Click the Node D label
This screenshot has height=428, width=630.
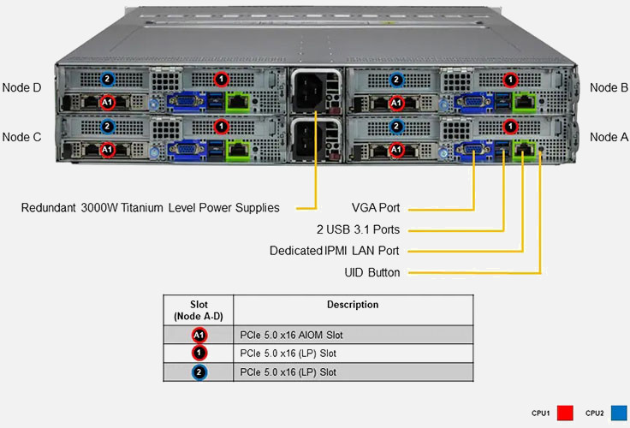point(22,87)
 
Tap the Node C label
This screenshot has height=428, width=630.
point(22,137)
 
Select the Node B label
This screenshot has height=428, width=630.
point(609,87)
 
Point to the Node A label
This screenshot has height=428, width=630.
point(609,137)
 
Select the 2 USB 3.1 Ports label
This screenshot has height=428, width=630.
point(358,229)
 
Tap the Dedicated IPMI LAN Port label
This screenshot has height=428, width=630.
point(335,251)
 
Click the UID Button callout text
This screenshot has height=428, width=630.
point(371,272)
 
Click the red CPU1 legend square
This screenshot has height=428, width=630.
point(564,413)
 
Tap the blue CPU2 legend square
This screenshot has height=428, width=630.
point(618,413)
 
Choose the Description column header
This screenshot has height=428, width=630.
point(353,305)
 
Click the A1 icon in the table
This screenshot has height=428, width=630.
point(199,335)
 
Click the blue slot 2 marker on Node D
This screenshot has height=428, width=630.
point(107,80)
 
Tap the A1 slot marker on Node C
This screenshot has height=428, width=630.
point(107,150)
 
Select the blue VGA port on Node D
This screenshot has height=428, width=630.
point(184,103)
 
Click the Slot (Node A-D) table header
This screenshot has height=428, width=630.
point(199,310)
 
